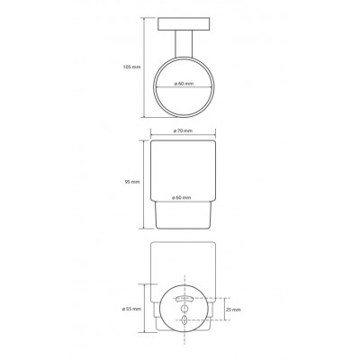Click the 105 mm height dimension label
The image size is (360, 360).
(131, 67)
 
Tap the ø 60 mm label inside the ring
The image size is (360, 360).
(184, 84)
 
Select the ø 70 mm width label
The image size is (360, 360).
(183, 130)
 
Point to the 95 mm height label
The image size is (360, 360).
(132, 182)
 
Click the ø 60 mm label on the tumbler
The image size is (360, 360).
(182, 198)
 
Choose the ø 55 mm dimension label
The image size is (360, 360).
(131, 309)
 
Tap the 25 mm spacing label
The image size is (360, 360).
(234, 310)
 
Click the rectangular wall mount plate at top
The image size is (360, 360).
(184, 24)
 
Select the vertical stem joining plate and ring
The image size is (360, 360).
(184, 44)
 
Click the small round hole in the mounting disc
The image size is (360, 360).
(184, 309)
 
